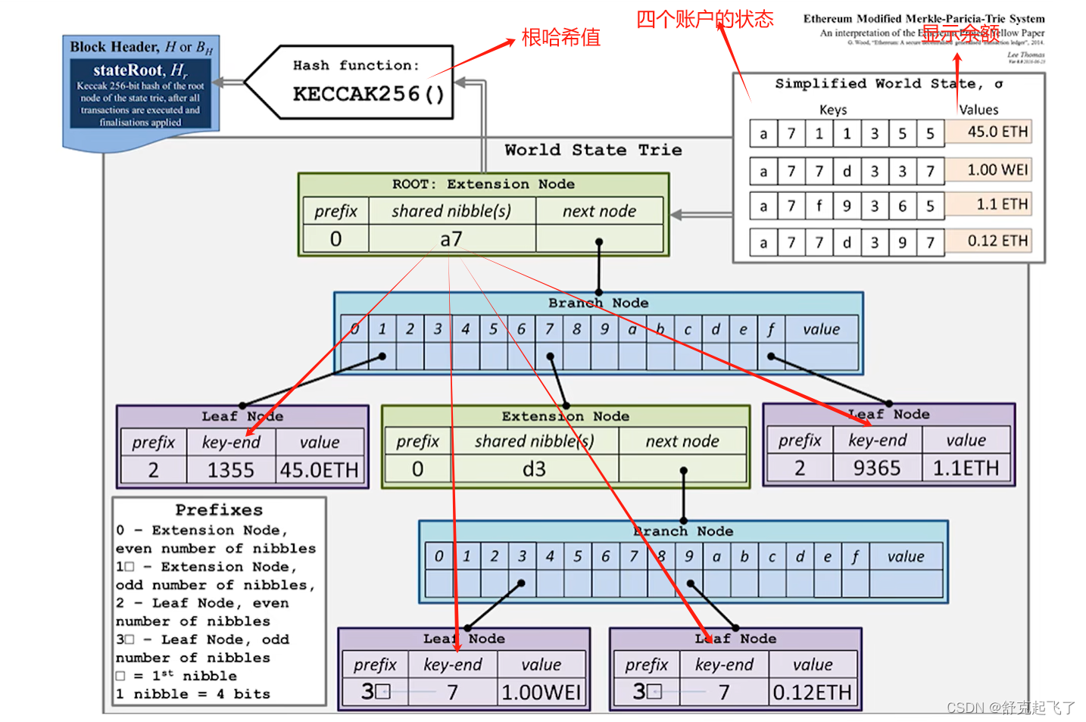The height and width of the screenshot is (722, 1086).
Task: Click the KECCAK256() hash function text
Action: (x=368, y=94)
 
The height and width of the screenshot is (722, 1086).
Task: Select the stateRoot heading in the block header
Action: (x=139, y=70)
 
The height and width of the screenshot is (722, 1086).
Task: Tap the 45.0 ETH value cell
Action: (x=997, y=132)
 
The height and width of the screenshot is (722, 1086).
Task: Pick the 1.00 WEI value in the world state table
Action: (x=997, y=170)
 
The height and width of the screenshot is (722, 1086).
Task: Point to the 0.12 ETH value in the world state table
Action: (x=997, y=241)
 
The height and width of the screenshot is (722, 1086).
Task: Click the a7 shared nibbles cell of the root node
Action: (x=451, y=239)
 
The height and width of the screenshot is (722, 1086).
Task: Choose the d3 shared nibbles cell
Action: (x=534, y=469)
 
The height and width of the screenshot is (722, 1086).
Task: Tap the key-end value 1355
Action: (x=230, y=470)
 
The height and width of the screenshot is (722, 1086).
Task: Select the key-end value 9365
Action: (x=876, y=468)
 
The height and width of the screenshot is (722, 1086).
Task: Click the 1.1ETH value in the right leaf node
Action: (x=966, y=468)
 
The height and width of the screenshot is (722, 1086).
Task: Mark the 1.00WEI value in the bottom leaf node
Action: (x=541, y=692)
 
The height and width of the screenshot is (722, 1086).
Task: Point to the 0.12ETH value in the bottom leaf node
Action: (x=812, y=692)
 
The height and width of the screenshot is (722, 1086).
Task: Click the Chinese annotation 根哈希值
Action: (x=560, y=37)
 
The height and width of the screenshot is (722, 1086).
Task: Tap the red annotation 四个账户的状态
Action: (x=704, y=19)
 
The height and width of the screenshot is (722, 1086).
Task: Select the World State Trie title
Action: (x=593, y=150)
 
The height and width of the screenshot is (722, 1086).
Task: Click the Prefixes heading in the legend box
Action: (x=219, y=509)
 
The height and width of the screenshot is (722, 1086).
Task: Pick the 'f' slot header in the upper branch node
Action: (x=771, y=329)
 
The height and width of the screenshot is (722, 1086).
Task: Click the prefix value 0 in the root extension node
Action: (x=335, y=239)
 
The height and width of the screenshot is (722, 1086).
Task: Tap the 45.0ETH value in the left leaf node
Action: (x=319, y=470)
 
